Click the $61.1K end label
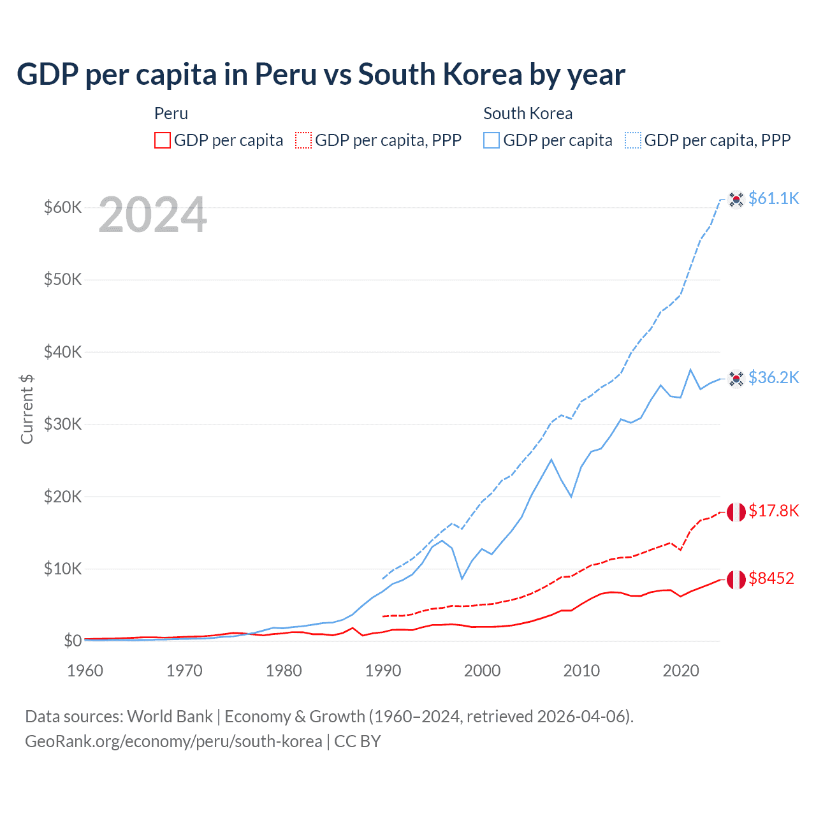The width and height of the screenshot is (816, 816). click(x=773, y=199)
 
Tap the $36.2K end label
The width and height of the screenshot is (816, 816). click(x=773, y=378)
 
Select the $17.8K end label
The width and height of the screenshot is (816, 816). click(x=773, y=511)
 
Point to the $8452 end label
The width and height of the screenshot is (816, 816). click(x=771, y=579)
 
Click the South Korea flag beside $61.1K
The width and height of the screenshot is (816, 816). click(x=736, y=200)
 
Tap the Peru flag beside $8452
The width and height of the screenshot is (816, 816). click(x=736, y=579)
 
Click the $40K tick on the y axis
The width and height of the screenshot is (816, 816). click(x=62, y=352)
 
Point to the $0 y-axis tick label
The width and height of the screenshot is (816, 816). click(x=73, y=641)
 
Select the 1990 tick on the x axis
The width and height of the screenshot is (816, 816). click(x=383, y=671)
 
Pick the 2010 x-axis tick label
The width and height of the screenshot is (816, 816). click(x=581, y=671)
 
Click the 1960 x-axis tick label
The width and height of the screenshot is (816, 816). click(x=85, y=671)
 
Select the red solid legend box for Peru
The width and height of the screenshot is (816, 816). click(x=163, y=140)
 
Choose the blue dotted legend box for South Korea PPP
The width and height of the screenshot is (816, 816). click(x=633, y=140)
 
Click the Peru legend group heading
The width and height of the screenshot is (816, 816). click(x=171, y=113)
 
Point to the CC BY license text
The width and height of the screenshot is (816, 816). click(x=358, y=741)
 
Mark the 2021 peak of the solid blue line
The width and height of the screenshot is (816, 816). click(x=690, y=369)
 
